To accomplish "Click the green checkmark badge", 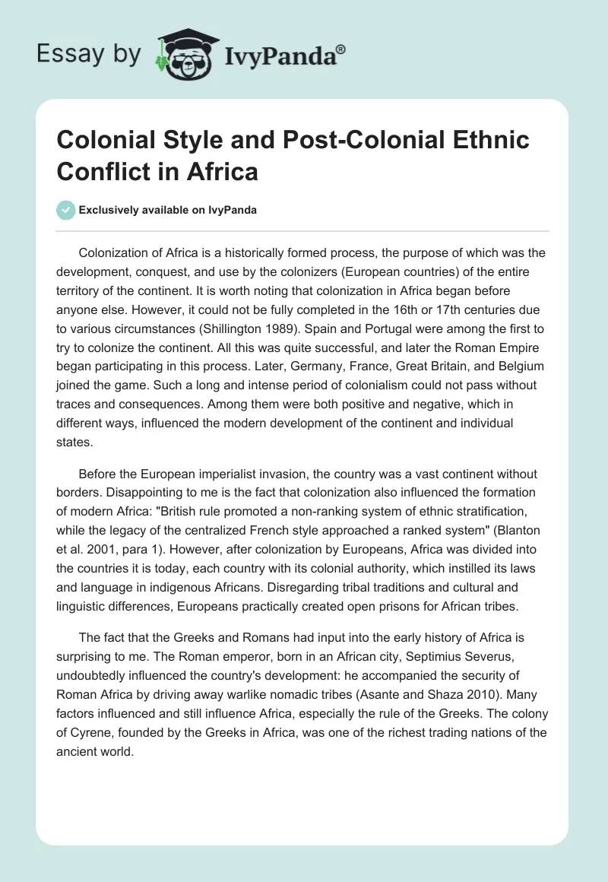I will click(x=67, y=210).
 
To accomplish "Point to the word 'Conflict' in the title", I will click(x=106, y=171).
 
